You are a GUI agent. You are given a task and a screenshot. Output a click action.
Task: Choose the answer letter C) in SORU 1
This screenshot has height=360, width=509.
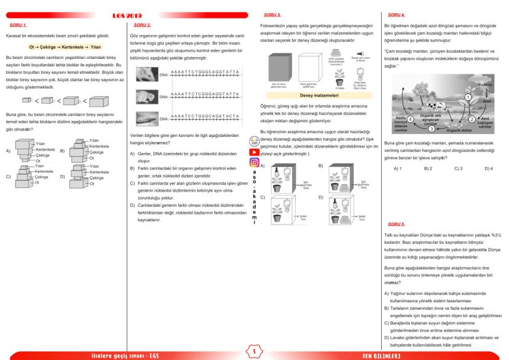pyautogui.click(x=8, y=175)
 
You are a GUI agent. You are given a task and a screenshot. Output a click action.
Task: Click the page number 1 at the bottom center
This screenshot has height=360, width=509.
pyautogui.click(x=254, y=351)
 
